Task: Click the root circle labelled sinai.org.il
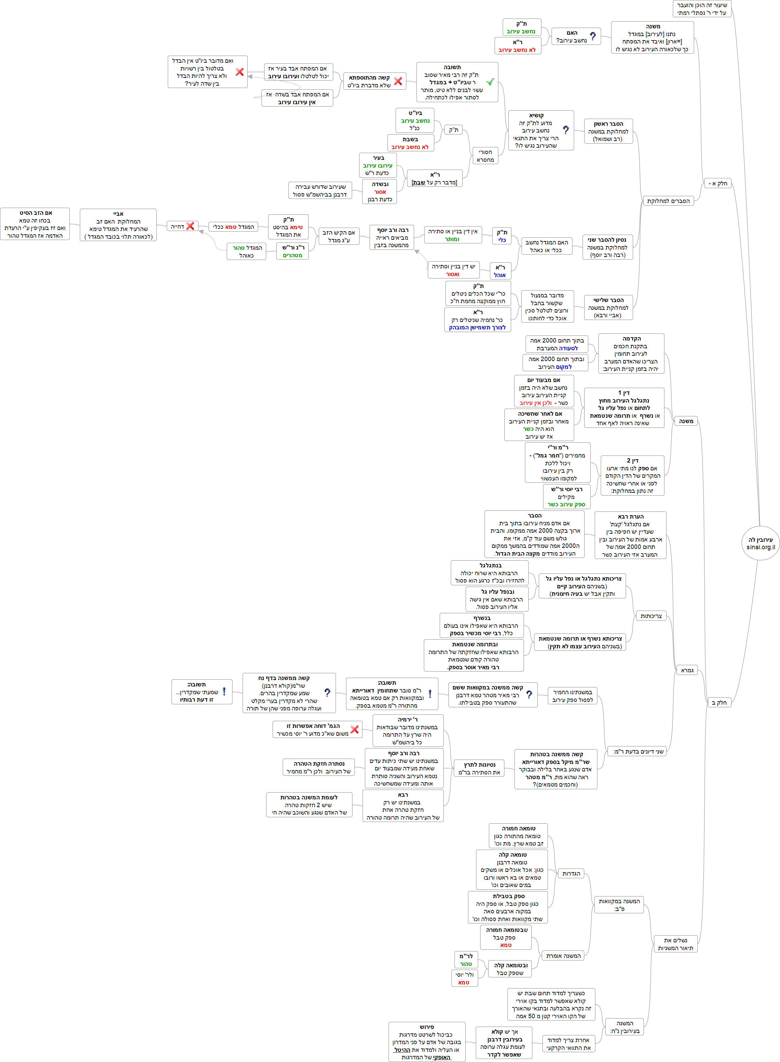click(760, 543)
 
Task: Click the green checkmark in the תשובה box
click(490, 82)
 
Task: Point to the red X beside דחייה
click(190, 226)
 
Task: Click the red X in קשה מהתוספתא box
click(398, 81)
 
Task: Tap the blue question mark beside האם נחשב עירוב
click(593, 36)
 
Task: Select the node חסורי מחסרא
click(485, 156)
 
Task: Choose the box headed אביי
click(118, 225)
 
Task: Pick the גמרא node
click(687, 670)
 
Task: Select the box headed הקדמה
click(631, 353)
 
